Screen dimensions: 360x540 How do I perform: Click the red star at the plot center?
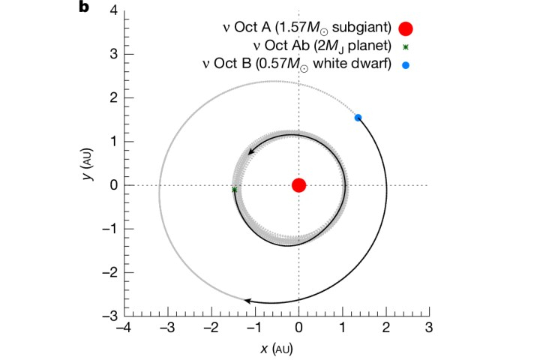tap(298, 185)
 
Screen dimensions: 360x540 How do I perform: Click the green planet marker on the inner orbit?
tap(235, 190)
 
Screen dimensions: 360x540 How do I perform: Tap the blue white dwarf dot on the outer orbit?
tap(358, 117)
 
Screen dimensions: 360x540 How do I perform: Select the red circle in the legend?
tap(406, 29)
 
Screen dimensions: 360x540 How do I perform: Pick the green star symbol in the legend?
tap(406, 47)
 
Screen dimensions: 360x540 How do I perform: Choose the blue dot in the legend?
tap(406, 65)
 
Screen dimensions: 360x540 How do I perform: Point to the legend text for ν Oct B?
tap(312, 65)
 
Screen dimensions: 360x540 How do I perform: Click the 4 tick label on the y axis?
tap(112, 10)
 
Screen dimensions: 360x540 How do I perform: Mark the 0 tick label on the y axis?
tap(112, 185)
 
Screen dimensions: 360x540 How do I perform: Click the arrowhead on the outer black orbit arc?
tap(248, 301)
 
